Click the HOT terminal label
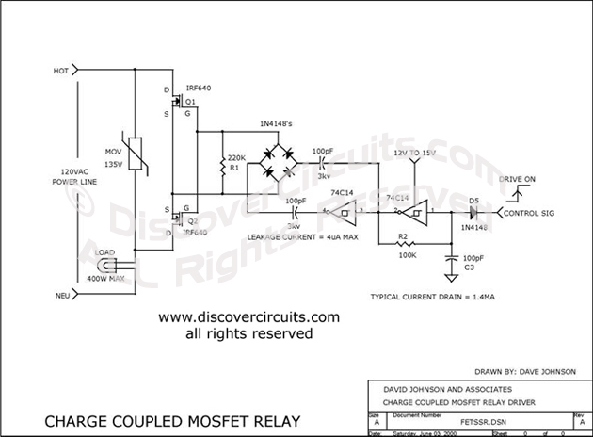coord(60,70)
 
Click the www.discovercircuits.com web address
coord(248,317)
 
